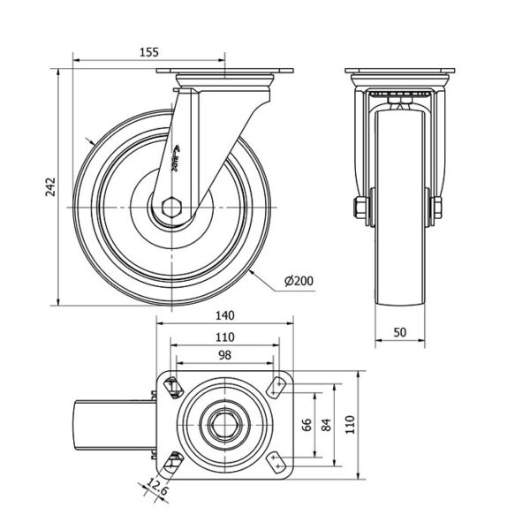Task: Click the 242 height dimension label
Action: tap(50, 187)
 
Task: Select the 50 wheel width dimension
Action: tap(400, 331)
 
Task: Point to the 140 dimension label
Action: tap(223, 315)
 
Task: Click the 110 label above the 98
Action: tap(223, 337)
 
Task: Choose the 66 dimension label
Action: tap(307, 425)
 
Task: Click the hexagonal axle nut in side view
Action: tap(171, 208)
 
